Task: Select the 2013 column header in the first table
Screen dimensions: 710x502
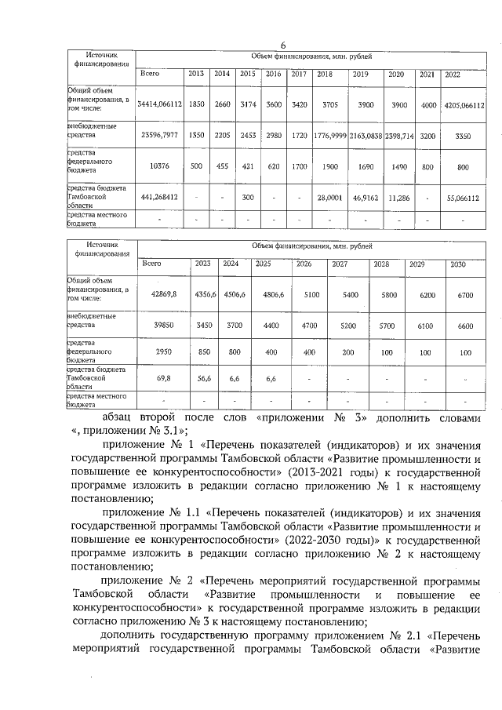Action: [x=195, y=74]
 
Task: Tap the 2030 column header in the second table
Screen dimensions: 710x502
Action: [x=458, y=264]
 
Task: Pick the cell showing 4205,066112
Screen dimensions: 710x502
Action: [x=463, y=104]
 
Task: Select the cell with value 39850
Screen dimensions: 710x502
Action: [x=163, y=324]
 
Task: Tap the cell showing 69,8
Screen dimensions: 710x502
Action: [x=163, y=377]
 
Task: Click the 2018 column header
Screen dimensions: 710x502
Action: [x=325, y=74]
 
